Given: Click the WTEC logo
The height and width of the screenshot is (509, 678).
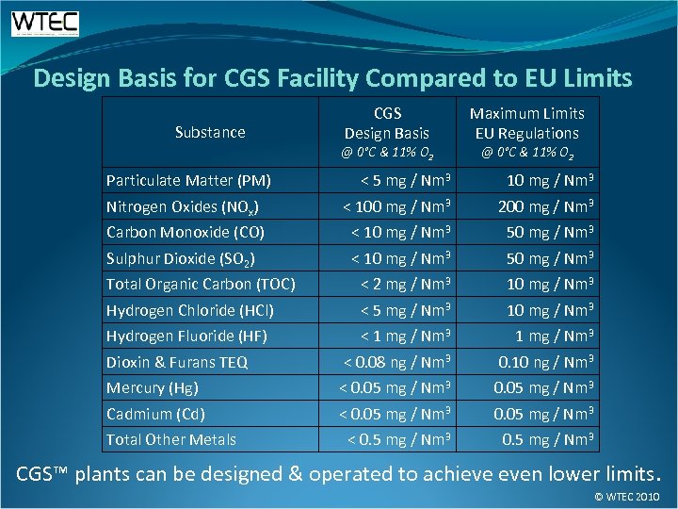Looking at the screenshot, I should [x=45, y=24].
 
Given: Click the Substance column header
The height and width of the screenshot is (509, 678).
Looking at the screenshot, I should [x=210, y=132].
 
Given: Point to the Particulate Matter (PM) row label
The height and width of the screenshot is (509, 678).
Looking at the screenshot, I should [x=188, y=180].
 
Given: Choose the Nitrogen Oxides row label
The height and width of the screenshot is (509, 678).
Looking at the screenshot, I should [x=183, y=206].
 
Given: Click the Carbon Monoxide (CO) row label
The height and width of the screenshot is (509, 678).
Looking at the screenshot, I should [x=185, y=232].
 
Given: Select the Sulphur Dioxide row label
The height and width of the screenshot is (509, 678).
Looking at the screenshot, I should [x=181, y=258].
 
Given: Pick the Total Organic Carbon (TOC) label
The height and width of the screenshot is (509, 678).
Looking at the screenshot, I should [x=201, y=284].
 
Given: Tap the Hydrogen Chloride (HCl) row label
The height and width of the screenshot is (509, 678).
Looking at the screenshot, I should [x=189, y=310].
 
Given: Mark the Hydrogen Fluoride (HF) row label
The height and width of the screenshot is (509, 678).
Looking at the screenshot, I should [x=186, y=336].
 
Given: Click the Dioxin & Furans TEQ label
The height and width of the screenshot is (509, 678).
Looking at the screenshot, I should [x=177, y=362].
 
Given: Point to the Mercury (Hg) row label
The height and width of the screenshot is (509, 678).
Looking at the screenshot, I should [x=152, y=387].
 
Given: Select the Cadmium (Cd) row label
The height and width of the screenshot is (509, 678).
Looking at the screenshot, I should [x=155, y=414].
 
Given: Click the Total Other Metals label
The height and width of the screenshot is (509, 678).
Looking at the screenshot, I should [x=170, y=439].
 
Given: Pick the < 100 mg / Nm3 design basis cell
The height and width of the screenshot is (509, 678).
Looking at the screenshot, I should [x=398, y=206].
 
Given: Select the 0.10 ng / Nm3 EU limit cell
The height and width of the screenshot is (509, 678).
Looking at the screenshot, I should [x=545, y=362].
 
